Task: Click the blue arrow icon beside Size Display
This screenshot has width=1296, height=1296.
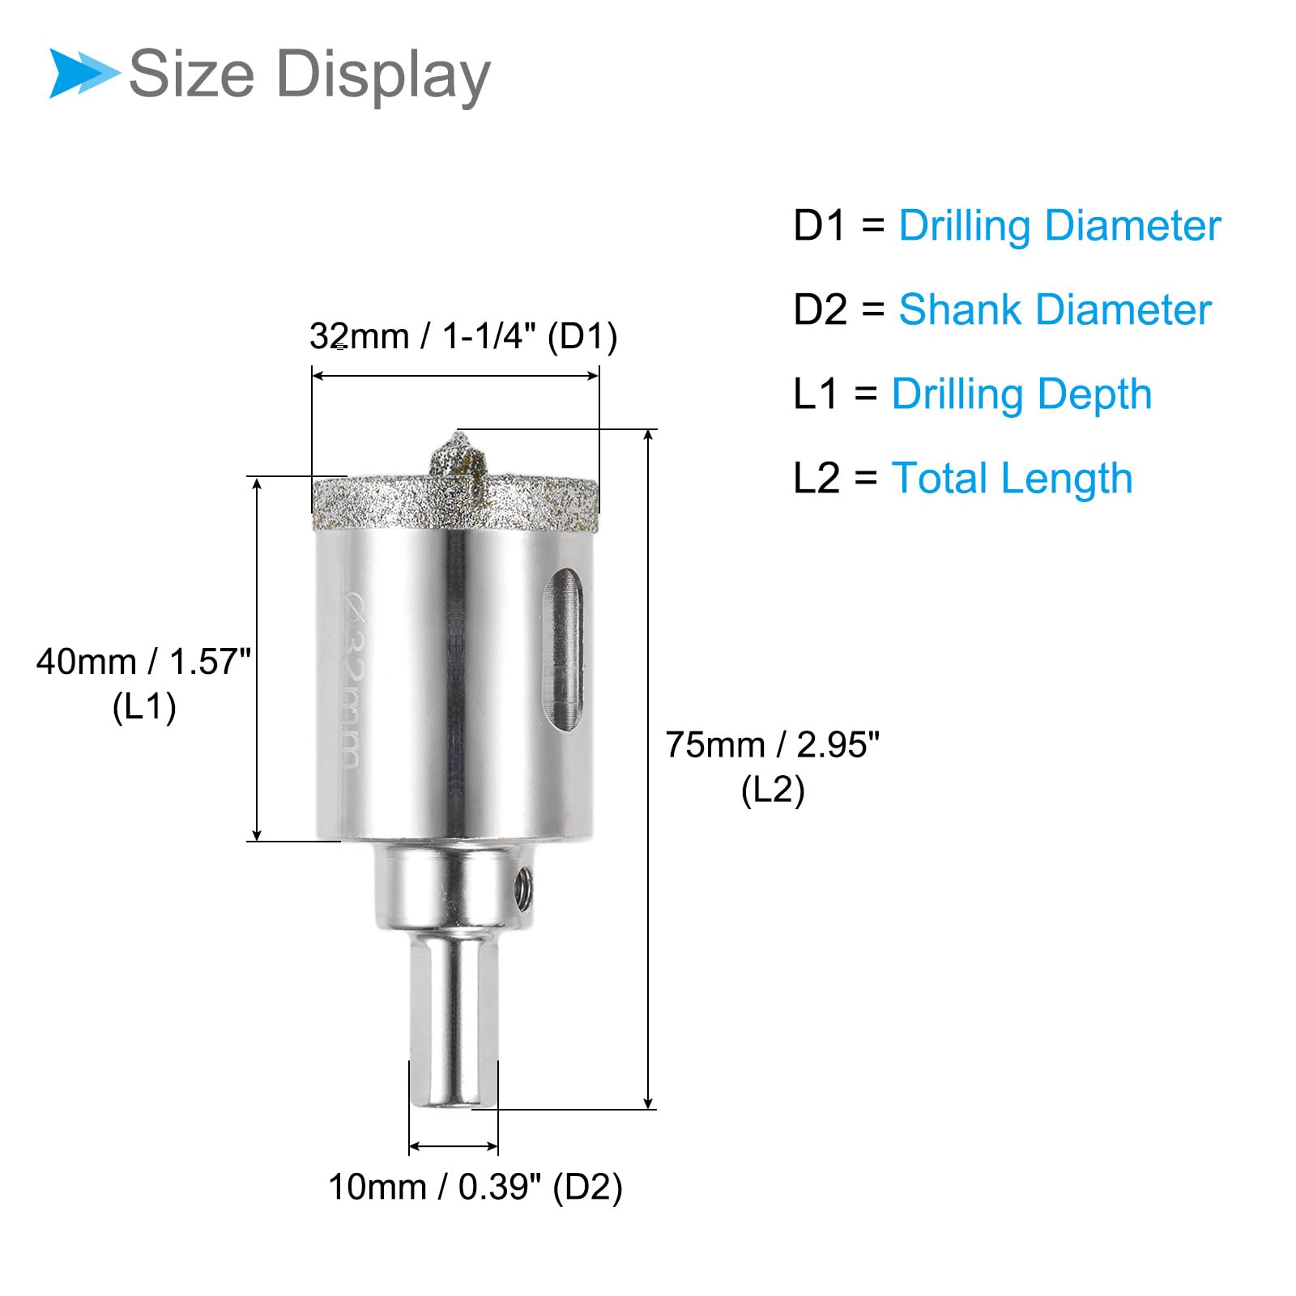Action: coord(83,73)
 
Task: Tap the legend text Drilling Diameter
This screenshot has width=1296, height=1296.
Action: coord(1059,226)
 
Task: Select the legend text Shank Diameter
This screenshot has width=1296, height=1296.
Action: coord(1055,309)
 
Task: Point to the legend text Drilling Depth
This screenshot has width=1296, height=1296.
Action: coord(1021,395)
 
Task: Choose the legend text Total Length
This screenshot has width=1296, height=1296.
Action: coord(1012,478)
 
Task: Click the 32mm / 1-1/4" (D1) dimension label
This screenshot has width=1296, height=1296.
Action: coord(463,336)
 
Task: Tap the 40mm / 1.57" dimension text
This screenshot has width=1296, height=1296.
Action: coord(144,662)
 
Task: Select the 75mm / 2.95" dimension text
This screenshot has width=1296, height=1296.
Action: coord(772,745)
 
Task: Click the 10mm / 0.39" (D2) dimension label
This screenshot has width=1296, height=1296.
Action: coord(475,1187)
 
